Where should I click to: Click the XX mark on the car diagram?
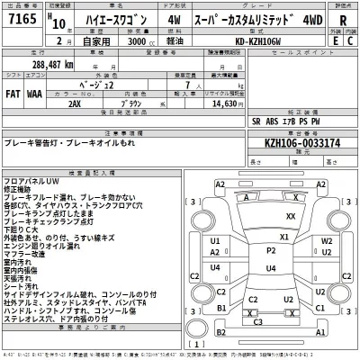point(289,218)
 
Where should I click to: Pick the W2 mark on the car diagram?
point(326,242)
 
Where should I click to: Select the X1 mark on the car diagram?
point(283,237)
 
